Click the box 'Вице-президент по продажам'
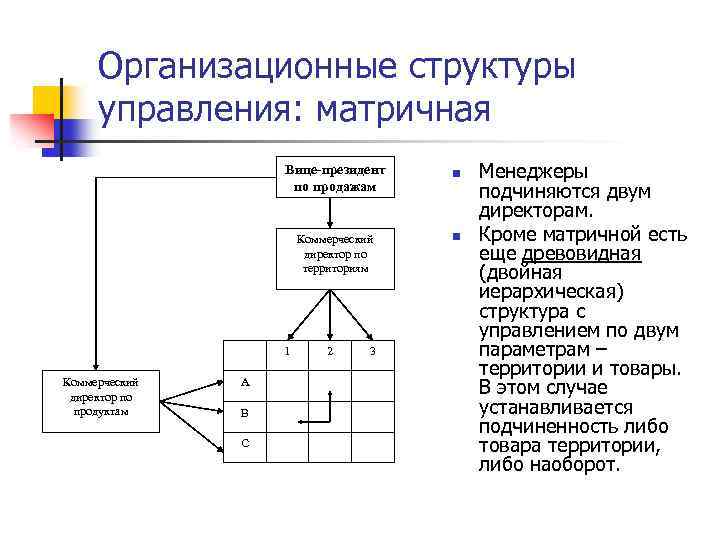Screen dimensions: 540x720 click(332, 177)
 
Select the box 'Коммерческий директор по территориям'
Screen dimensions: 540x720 click(332, 258)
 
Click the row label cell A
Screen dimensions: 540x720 click(244, 383)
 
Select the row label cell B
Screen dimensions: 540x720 click(244, 412)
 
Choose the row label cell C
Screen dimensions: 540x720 click(244, 442)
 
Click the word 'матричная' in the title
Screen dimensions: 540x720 click(404, 108)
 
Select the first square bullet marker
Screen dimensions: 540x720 click(454, 175)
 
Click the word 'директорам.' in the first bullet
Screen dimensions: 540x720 click(536, 212)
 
